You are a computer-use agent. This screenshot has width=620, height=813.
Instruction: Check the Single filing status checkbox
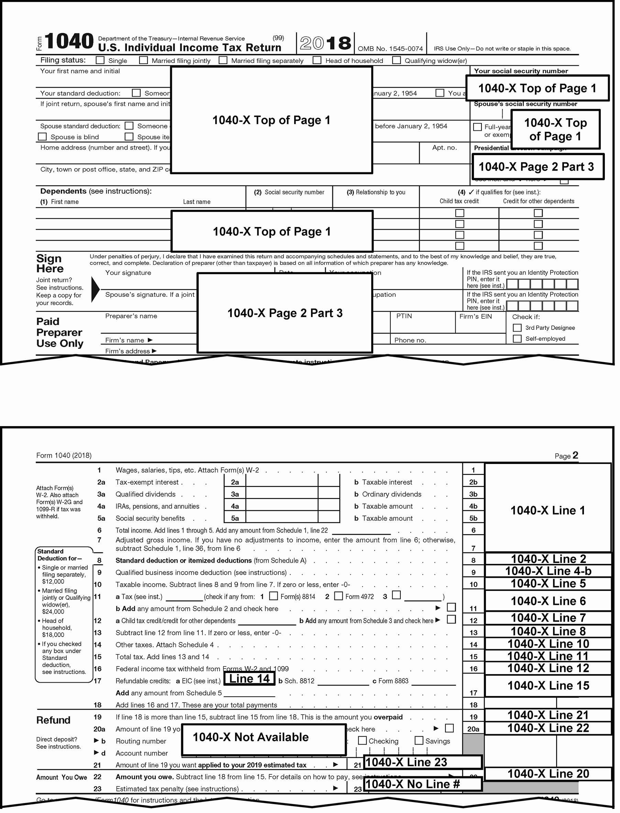coord(100,60)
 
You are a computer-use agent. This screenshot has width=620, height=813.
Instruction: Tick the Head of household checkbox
coord(317,60)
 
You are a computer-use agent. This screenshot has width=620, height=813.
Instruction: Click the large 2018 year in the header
coord(325,44)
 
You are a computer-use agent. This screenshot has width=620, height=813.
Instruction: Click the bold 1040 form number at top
coord(69,41)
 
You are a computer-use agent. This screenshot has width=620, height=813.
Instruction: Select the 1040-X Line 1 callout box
coord(548,511)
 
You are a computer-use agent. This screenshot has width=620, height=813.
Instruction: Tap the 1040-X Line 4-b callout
coord(548,571)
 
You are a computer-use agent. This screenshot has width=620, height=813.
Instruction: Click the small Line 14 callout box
coord(250,679)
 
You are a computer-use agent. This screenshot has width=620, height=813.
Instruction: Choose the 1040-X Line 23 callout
coord(423,762)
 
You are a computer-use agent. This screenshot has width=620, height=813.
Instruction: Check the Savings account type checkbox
coord(419,741)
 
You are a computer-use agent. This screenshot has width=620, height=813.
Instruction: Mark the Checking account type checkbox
coord(362,741)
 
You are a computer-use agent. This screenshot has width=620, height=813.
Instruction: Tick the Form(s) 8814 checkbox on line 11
coord(274,596)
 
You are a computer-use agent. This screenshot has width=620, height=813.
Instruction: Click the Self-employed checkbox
coord(517,338)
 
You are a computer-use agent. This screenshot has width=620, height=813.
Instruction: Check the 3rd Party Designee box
coord(517,328)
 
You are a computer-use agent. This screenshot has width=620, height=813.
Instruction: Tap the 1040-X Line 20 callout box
coord(548,773)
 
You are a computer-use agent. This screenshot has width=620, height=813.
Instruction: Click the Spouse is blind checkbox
coord(43,137)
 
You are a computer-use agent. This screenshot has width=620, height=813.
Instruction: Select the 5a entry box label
coord(235,518)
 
